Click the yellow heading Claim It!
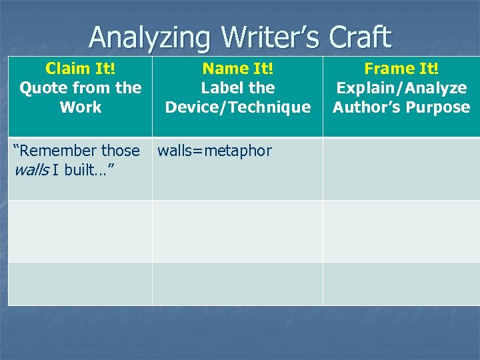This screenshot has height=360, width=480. point(80,69)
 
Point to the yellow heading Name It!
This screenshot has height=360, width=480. point(238,69)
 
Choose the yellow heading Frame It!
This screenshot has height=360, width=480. point(401,69)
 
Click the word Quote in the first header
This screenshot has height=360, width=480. point(43,88)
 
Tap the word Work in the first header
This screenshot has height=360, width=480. point(80,107)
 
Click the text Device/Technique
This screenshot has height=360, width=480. point(238,107)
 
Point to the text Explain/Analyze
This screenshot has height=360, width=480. point(401,88)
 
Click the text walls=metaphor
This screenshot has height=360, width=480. point(215,151)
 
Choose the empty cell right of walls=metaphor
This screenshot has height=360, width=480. point(401,168)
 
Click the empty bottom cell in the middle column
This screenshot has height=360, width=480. point(237,283)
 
